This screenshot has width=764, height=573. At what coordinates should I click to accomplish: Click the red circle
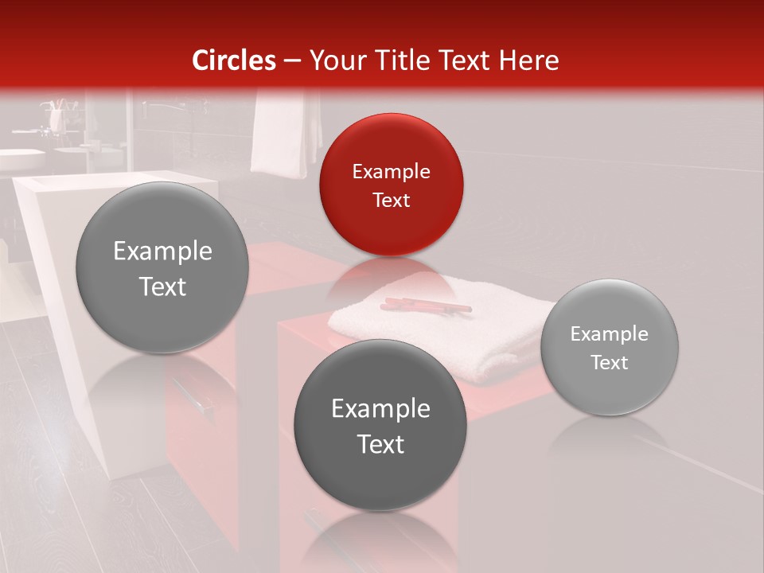(x=391, y=185)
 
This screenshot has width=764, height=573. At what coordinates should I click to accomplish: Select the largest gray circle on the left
(x=162, y=267)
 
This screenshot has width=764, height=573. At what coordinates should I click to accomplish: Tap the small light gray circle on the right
(x=610, y=347)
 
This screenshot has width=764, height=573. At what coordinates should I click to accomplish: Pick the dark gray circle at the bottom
(x=380, y=425)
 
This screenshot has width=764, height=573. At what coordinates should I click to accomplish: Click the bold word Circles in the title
(x=234, y=60)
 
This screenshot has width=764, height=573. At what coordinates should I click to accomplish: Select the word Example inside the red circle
(x=391, y=171)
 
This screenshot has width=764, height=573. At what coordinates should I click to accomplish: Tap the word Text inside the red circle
(x=391, y=200)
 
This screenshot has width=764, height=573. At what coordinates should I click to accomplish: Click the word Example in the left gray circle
(x=162, y=251)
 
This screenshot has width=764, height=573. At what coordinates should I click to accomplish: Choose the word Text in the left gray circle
(x=162, y=286)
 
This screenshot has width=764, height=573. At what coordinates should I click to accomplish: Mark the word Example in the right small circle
(x=610, y=333)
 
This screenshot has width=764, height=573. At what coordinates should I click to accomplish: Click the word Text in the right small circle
(x=610, y=362)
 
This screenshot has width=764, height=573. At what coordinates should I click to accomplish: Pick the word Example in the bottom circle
(x=380, y=408)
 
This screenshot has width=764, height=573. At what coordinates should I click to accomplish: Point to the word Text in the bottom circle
(x=380, y=444)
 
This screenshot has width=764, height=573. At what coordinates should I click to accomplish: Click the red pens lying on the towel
(x=425, y=305)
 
